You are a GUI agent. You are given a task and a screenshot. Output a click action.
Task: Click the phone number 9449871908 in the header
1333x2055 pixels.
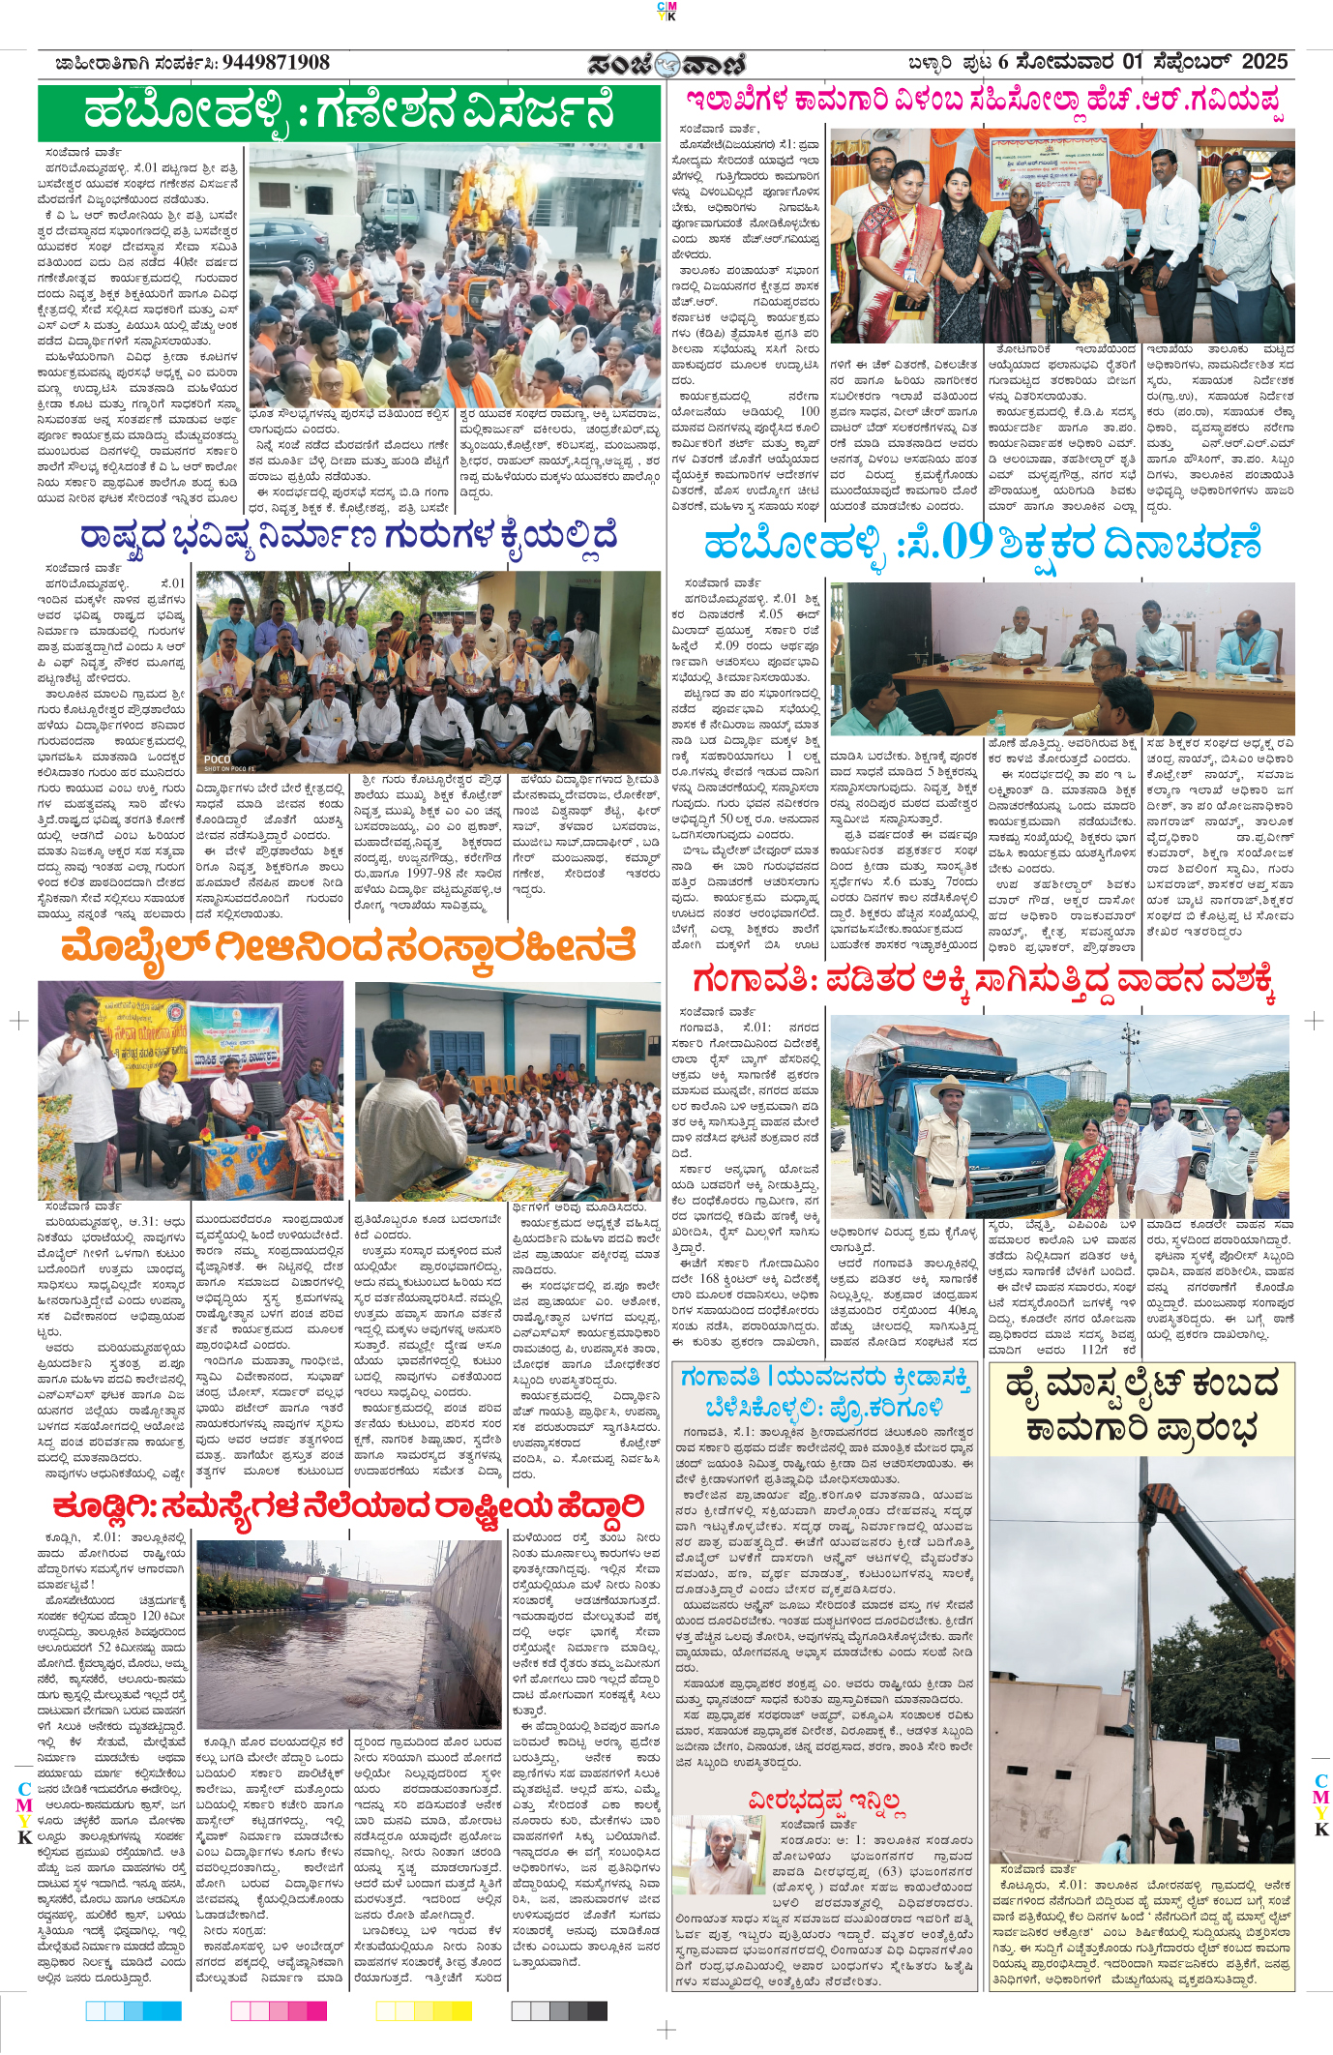[276, 63]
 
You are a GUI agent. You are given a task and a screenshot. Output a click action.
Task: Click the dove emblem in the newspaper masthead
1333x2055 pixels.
[666, 65]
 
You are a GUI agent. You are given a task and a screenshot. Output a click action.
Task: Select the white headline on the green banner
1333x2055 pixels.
[348, 111]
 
